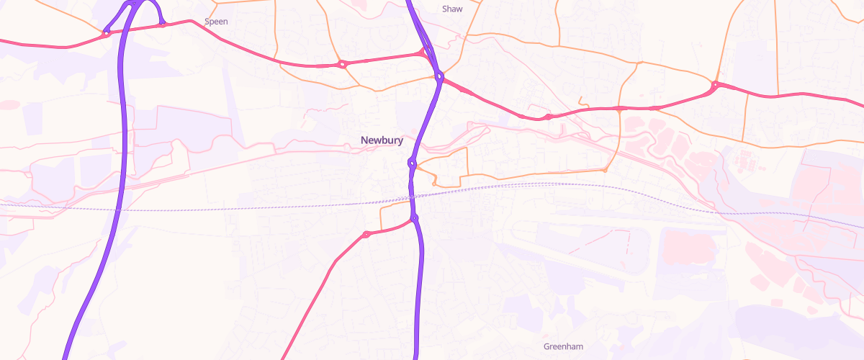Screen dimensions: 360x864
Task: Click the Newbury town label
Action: tap(382, 140)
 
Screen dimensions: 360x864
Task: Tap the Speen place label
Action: tap(216, 22)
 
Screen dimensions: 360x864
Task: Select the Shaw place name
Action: tap(452, 9)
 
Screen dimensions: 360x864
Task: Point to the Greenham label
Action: tap(563, 346)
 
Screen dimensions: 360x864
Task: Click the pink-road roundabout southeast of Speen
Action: tap(341, 64)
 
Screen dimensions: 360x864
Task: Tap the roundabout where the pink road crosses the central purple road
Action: tap(438, 76)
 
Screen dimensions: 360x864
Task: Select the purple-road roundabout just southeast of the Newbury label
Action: tap(412, 163)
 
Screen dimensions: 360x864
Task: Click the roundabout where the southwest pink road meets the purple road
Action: tap(415, 218)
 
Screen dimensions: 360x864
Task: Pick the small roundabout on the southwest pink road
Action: tap(366, 234)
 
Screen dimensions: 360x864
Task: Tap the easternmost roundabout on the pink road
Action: tap(715, 85)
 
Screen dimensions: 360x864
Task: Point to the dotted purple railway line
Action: tap(216, 209)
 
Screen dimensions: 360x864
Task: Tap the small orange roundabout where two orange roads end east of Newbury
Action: tap(606, 171)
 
